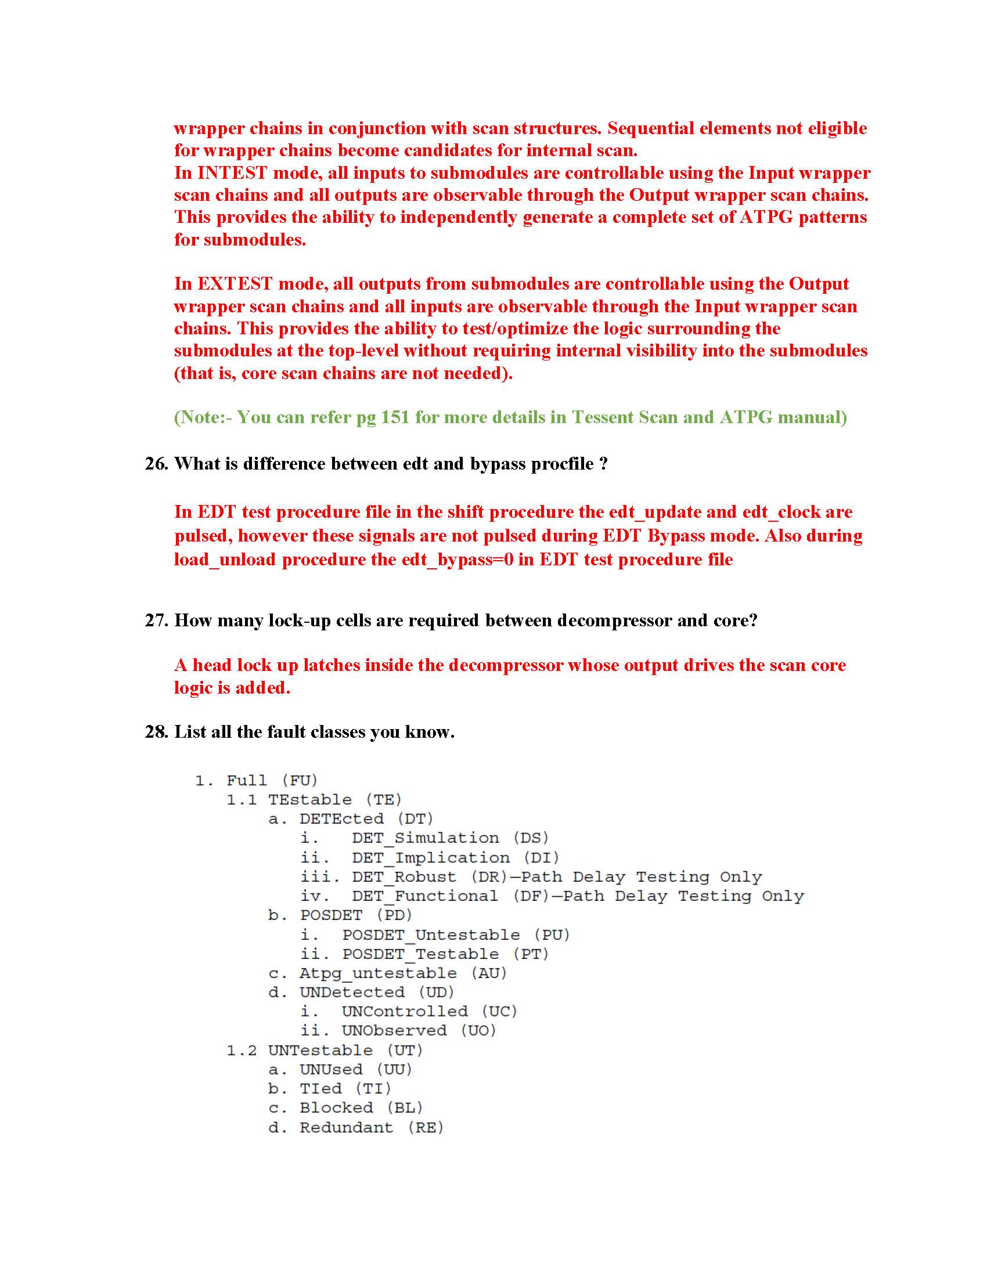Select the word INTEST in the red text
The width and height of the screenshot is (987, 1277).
[x=233, y=173]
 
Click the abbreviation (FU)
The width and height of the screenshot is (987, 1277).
[x=300, y=781]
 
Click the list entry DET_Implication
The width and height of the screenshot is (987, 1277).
[x=430, y=858]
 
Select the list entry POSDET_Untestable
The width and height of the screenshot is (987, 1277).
[x=431, y=935]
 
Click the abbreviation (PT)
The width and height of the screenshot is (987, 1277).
[x=531, y=954]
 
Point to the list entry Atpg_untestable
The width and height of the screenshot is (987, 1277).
[x=379, y=973]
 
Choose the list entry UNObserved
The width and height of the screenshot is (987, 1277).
[x=394, y=1031]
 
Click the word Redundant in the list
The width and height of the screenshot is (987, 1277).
[x=346, y=1127]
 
